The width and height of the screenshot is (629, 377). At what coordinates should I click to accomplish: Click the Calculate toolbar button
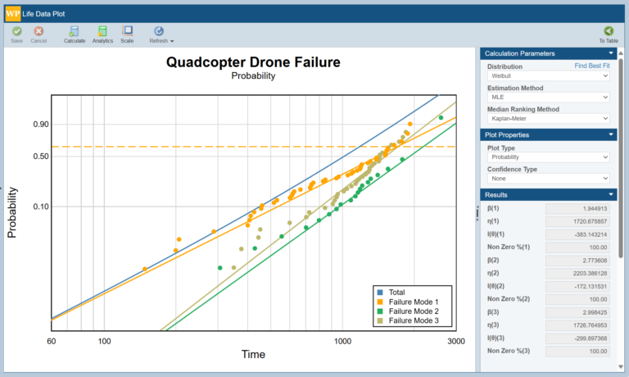75,34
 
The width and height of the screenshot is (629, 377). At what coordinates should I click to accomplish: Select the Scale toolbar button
127,34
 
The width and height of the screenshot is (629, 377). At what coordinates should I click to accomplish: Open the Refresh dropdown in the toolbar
161,34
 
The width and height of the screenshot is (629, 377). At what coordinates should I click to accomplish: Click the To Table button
608,34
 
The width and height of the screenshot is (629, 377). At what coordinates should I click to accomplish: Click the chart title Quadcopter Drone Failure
253,62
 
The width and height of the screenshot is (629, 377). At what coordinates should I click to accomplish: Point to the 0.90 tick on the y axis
41,125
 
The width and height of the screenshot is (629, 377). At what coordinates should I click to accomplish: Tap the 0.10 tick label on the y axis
41,207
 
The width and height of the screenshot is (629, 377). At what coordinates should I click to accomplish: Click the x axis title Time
253,354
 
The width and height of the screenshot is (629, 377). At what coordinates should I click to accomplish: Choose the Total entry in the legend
397,292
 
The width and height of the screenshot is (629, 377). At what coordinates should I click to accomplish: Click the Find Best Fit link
592,66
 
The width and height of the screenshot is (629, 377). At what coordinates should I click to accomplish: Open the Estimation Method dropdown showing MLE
548,98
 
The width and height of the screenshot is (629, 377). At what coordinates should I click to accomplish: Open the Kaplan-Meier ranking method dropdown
548,119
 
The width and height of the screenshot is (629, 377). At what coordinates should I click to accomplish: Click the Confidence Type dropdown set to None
548,178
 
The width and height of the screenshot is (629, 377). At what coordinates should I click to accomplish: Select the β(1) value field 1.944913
577,208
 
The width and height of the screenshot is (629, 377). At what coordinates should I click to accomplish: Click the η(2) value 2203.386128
577,273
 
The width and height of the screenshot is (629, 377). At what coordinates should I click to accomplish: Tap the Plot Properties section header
547,134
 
